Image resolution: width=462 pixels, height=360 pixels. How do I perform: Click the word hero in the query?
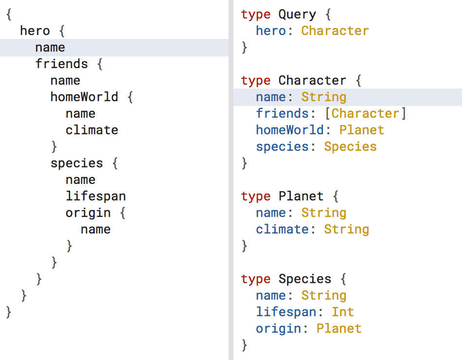tap(35, 31)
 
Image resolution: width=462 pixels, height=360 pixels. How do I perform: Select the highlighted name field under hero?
tap(50, 48)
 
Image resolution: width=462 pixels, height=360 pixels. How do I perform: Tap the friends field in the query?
tap(62, 64)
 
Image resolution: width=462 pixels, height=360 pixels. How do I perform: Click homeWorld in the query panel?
tap(84, 97)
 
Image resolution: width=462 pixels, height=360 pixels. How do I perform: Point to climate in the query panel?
tap(92, 130)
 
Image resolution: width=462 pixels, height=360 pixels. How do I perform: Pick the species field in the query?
tap(77, 163)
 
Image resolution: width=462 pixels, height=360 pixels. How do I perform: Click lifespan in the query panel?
tap(96, 197)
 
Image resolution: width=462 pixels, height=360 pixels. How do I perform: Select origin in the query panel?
tap(88, 213)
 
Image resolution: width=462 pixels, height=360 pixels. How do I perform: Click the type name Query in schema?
tap(297, 15)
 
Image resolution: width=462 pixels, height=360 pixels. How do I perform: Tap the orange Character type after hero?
tap(335, 31)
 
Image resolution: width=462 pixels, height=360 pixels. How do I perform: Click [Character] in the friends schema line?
tap(365, 114)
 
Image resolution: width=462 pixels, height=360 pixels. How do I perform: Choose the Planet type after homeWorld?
tap(362, 130)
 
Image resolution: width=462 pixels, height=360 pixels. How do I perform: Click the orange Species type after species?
tap(351, 147)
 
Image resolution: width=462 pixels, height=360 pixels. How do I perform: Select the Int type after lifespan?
tap(343, 312)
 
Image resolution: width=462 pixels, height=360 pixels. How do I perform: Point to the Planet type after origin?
tap(339, 329)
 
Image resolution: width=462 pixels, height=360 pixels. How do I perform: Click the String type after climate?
tap(347, 230)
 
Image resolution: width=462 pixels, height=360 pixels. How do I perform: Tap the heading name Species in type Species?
tap(305, 279)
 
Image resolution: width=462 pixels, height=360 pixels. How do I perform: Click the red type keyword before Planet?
tap(256, 197)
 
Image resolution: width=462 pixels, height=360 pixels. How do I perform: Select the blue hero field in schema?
tap(271, 31)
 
